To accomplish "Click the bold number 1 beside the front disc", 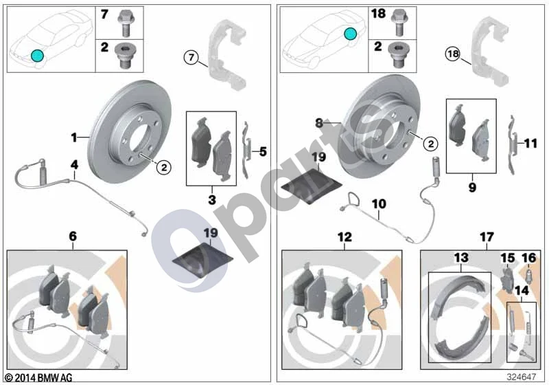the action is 74,137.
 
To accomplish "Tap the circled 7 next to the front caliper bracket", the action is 191,57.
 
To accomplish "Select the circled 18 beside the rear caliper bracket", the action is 453,54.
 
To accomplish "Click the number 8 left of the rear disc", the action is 319,123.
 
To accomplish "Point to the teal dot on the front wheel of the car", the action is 37,56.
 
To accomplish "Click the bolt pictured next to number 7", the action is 125,23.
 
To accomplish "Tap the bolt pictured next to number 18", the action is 399,23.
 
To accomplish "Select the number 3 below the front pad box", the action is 212,200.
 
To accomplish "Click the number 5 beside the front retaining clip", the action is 263,151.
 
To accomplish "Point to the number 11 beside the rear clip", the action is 530,143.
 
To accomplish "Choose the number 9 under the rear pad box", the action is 472,187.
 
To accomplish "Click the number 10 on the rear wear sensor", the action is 379,203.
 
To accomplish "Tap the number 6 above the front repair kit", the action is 73,236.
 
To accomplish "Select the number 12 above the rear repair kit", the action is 344,236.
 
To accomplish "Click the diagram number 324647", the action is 522,377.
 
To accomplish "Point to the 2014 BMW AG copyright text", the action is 39,377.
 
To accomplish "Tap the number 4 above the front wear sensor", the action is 74,165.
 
